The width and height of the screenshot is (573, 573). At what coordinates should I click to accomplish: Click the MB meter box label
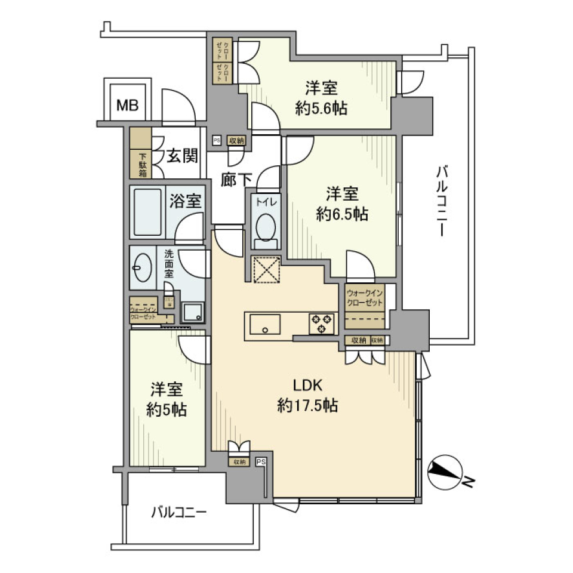(127, 106)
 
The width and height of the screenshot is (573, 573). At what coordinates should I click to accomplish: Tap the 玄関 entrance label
(181, 156)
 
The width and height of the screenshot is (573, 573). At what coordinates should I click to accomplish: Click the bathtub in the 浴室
(147, 212)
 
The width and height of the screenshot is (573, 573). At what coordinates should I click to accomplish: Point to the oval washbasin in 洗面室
(143, 269)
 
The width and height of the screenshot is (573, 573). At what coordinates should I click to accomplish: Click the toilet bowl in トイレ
(266, 227)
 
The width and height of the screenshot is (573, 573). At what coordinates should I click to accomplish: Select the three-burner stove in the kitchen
(321, 324)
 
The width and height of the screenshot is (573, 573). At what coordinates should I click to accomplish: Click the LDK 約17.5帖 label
(308, 395)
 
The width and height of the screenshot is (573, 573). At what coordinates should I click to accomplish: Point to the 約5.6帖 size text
(322, 109)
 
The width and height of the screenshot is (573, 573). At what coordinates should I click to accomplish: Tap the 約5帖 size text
(166, 410)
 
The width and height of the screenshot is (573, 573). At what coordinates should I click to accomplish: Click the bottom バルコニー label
(178, 512)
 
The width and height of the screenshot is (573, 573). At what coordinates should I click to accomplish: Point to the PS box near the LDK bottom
(261, 461)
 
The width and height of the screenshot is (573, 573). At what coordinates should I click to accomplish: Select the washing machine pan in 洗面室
(193, 312)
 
